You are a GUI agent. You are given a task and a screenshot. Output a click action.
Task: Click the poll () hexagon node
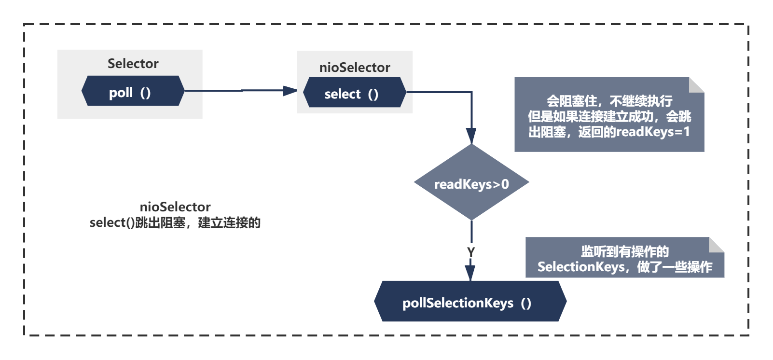pyautogui.click(x=133, y=91)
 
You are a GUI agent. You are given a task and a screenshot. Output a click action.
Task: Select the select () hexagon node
pyautogui.click(x=354, y=92)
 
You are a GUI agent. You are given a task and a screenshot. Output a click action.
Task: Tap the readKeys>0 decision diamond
pyautogui.click(x=471, y=183)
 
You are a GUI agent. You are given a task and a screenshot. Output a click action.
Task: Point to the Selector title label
pyautogui.click(x=133, y=63)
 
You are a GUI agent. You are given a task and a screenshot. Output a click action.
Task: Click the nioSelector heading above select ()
pyautogui.click(x=355, y=68)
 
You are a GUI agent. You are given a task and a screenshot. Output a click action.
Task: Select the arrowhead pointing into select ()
pyautogui.click(x=290, y=90)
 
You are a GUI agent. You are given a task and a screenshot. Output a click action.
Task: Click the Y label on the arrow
pyautogui.click(x=471, y=252)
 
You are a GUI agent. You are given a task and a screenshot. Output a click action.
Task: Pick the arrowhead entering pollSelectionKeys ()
pyautogui.click(x=470, y=273)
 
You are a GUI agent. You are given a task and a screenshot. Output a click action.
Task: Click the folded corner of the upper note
pyautogui.click(x=697, y=84)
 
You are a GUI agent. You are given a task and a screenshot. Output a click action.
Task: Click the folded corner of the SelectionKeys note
pyautogui.click(x=717, y=244)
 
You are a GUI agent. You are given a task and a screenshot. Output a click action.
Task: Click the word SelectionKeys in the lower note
pyautogui.click(x=581, y=267)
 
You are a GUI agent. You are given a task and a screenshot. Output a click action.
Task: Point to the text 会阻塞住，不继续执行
pyautogui.click(x=609, y=101)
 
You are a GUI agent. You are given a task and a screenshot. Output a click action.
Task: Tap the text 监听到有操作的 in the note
pyautogui.click(x=624, y=251)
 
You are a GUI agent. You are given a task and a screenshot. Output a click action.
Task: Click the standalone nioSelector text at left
pyautogui.click(x=175, y=207)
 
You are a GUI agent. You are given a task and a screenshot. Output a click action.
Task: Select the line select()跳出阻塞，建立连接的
pyautogui.click(x=175, y=223)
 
